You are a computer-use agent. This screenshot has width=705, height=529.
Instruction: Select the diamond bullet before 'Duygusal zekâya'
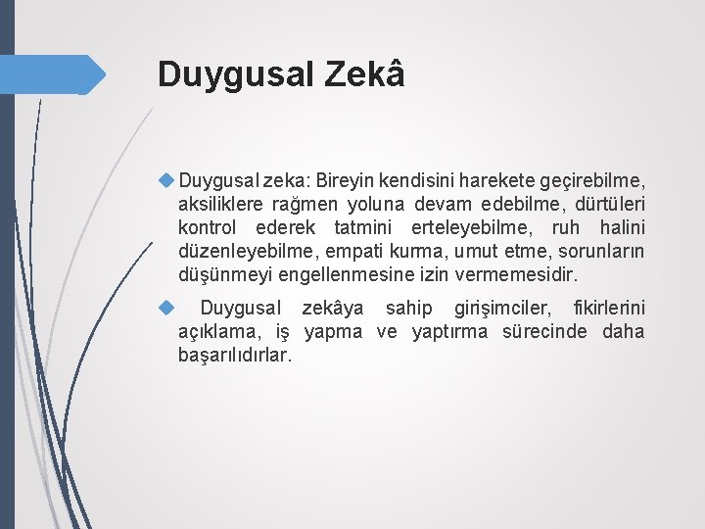coord(166,308)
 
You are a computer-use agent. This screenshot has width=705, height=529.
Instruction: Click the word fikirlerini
coord(602,309)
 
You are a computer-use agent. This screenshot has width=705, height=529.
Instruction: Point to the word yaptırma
coord(449,332)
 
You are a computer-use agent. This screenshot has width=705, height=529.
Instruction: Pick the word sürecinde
coord(544,332)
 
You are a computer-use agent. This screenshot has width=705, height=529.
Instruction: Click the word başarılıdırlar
coord(235,356)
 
